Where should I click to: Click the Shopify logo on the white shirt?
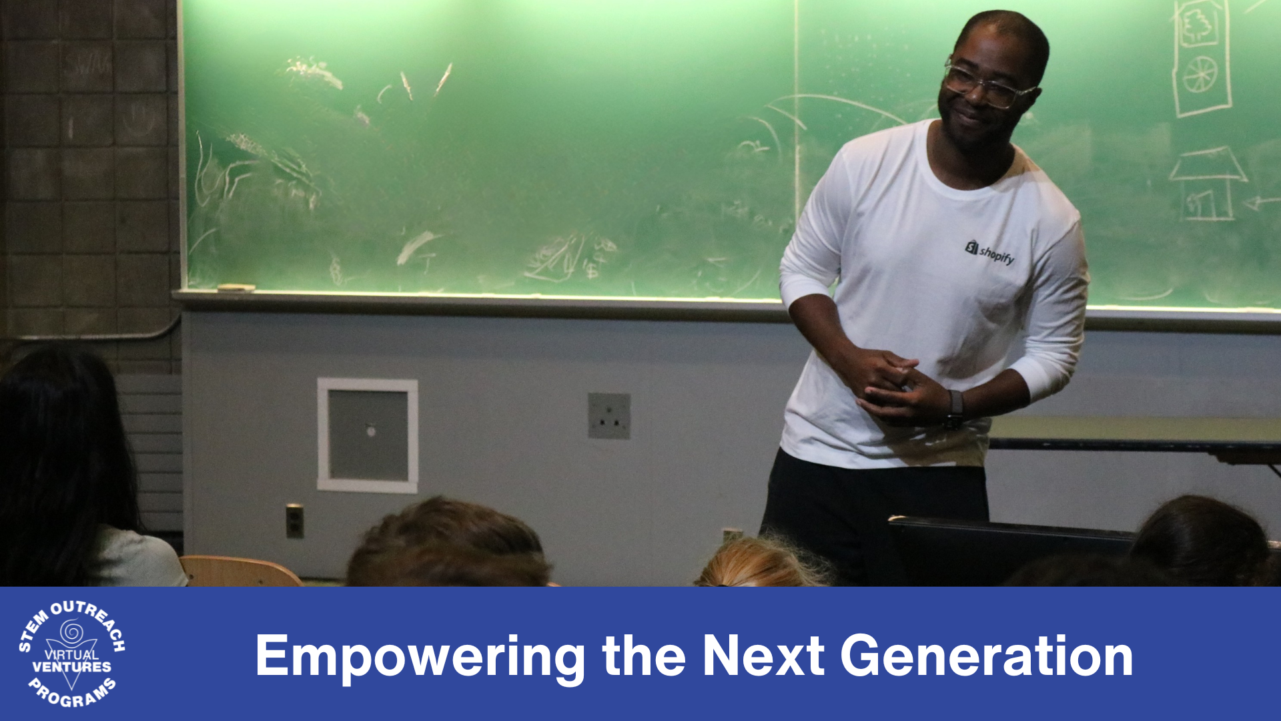(x=989, y=252)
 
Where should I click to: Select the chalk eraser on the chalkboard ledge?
(x=236, y=288)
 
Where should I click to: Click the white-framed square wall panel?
(x=368, y=435)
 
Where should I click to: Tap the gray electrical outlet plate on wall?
(x=609, y=416)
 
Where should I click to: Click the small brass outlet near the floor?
(x=294, y=521)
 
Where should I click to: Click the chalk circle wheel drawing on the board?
(x=1201, y=74)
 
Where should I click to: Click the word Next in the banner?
(x=763, y=656)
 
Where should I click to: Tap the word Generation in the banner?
(x=986, y=656)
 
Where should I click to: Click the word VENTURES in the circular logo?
(x=72, y=667)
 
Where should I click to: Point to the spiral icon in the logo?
(x=71, y=631)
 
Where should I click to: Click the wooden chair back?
(x=240, y=571)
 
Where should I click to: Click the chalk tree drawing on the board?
(x=1198, y=26)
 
